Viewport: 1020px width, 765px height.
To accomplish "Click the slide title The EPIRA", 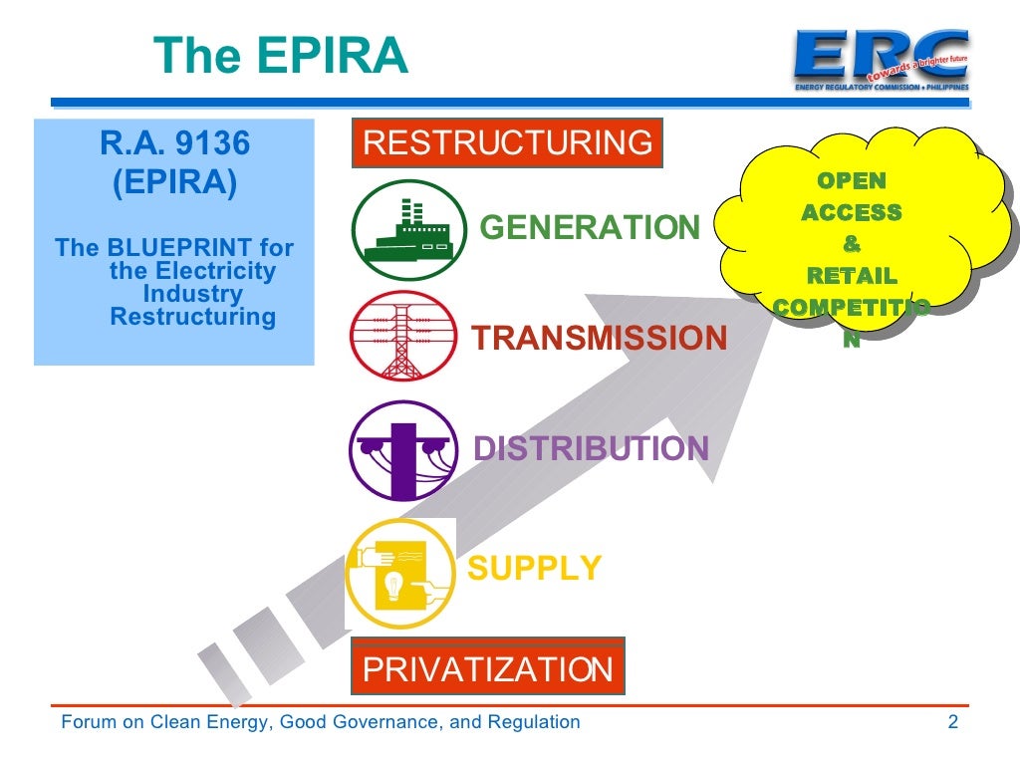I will pyautogui.click(x=282, y=56).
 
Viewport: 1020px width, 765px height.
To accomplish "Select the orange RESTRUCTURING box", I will pyautogui.click(x=507, y=143).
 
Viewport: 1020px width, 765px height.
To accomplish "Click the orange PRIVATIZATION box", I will pyautogui.click(x=488, y=668).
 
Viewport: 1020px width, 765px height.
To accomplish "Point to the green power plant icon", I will pyautogui.click(x=408, y=230).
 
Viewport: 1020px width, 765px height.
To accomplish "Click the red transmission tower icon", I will pyautogui.click(x=403, y=336).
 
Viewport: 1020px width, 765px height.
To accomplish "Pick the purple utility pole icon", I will pyautogui.click(x=403, y=450).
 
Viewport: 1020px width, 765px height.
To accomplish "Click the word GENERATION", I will pyautogui.click(x=590, y=228).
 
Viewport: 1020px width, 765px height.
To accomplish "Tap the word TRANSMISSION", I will pyautogui.click(x=600, y=339).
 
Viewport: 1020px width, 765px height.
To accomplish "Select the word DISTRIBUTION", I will pyautogui.click(x=591, y=449).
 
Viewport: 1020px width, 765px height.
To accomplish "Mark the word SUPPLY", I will pyautogui.click(x=535, y=569).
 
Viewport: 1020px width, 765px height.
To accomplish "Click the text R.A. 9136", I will pyautogui.click(x=174, y=145).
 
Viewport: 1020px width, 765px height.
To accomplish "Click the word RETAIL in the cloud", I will pyautogui.click(x=852, y=276).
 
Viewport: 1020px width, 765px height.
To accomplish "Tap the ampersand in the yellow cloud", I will pyautogui.click(x=852, y=244).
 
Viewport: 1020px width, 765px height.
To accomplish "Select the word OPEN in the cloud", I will pyautogui.click(x=852, y=181).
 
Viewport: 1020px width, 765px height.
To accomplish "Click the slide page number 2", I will pyautogui.click(x=953, y=722).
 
